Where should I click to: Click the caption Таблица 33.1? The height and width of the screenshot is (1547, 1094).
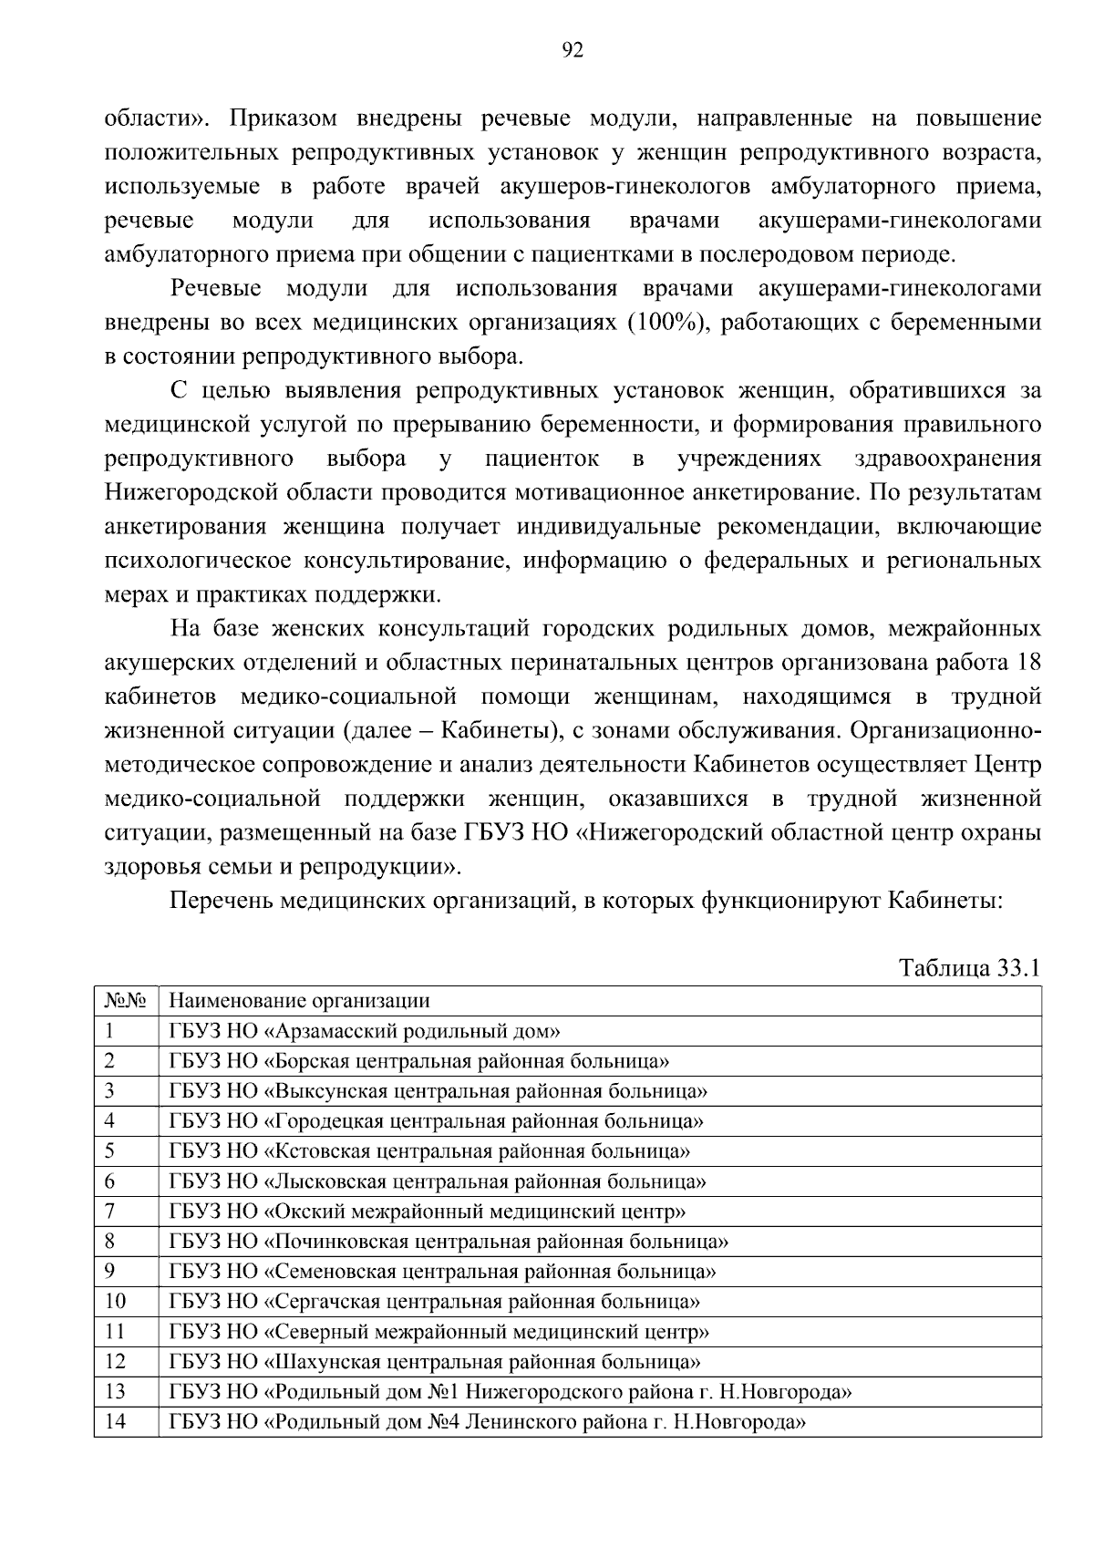point(969,967)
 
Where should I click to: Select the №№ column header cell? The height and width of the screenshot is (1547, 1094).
point(126,1001)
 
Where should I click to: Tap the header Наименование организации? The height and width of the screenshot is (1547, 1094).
point(299,1001)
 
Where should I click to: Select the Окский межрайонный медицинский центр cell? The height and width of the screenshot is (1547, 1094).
point(428,1212)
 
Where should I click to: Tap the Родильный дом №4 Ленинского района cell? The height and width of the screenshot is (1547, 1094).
point(488,1421)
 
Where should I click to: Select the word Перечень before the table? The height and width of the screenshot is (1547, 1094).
point(221,902)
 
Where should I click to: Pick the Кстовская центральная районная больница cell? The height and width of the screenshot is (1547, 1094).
point(429,1151)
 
